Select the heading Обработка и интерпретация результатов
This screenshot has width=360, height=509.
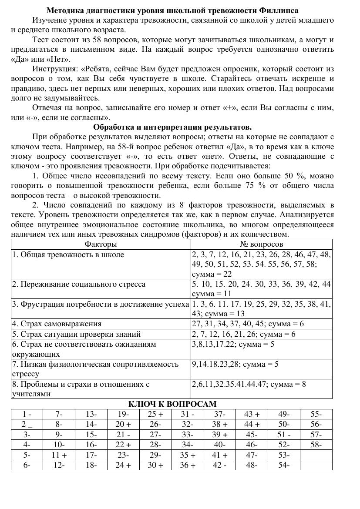pos(172,127)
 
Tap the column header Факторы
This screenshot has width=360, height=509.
pos(101,244)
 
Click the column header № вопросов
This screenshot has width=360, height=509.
pos(261,244)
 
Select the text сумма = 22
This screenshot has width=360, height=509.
pos(212,274)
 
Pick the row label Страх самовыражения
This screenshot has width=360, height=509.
pos(57,324)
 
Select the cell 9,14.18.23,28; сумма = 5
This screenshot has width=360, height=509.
pos(235,364)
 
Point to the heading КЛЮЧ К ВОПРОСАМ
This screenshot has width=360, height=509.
pos(172,404)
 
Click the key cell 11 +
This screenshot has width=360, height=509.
pos(59,455)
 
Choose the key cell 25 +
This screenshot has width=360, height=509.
pos(155,414)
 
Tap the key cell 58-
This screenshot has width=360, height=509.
pos(316,445)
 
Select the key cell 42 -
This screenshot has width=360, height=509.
pos(220,465)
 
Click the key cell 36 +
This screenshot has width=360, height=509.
pos(188,465)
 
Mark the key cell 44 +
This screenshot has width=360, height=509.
pos(252,424)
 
